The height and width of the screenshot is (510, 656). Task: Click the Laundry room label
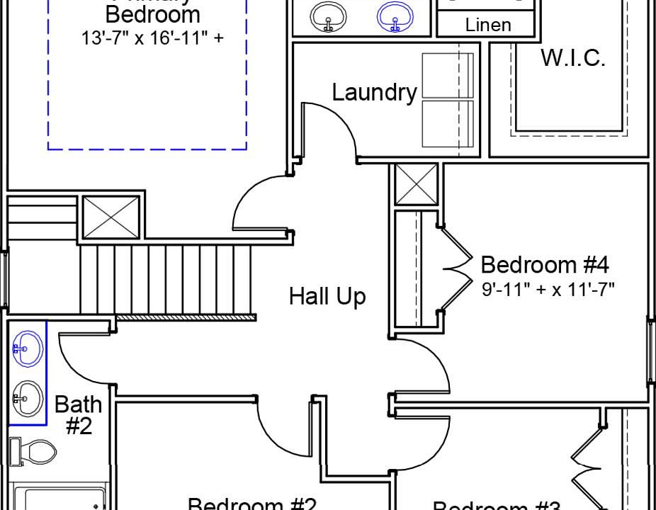click(x=374, y=93)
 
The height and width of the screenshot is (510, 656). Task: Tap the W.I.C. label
click(x=573, y=58)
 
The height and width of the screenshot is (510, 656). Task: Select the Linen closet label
click(x=487, y=25)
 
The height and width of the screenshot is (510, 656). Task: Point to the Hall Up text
click(x=327, y=296)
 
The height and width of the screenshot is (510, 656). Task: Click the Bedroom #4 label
click(x=545, y=265)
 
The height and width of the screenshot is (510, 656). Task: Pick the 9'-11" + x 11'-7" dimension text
click(x=548, y=289)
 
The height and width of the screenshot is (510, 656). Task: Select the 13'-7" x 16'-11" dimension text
click(x=152, y=38)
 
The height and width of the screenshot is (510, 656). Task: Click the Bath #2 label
click(x=78, y=415)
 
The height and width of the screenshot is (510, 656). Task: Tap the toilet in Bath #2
click(x=32, y=451)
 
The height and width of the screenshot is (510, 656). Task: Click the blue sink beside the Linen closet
click(x=396, y=16)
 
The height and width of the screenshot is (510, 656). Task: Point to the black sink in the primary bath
click(x=329, y=16)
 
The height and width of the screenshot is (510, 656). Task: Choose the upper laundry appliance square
click(x=447, y=76)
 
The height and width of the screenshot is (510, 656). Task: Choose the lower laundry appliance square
click(x=447, y=123)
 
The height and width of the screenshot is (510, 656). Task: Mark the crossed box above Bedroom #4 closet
click(x=416, y=183)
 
